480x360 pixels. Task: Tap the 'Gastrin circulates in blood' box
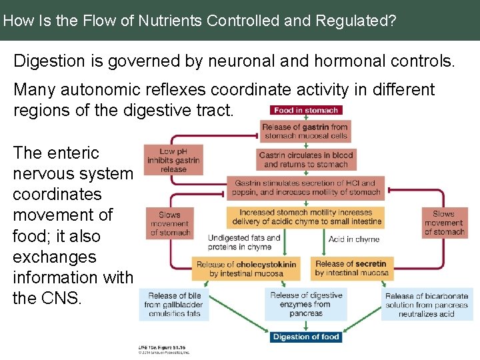(x=306, y=159)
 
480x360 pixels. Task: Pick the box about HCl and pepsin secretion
(x=306, y=187)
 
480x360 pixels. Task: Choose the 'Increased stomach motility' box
(x=306, y=217)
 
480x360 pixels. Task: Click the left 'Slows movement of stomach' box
(x=170, y=223)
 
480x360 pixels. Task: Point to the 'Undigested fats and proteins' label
(x=244, y=242)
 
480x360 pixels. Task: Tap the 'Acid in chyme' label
(x=353, y=239)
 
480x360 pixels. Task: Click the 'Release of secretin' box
(x=351, y=268)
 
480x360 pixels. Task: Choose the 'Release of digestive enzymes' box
(x=306, y=304)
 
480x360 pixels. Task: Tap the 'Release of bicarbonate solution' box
(x=427, y=305)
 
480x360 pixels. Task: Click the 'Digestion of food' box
(x=306, y=337)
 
